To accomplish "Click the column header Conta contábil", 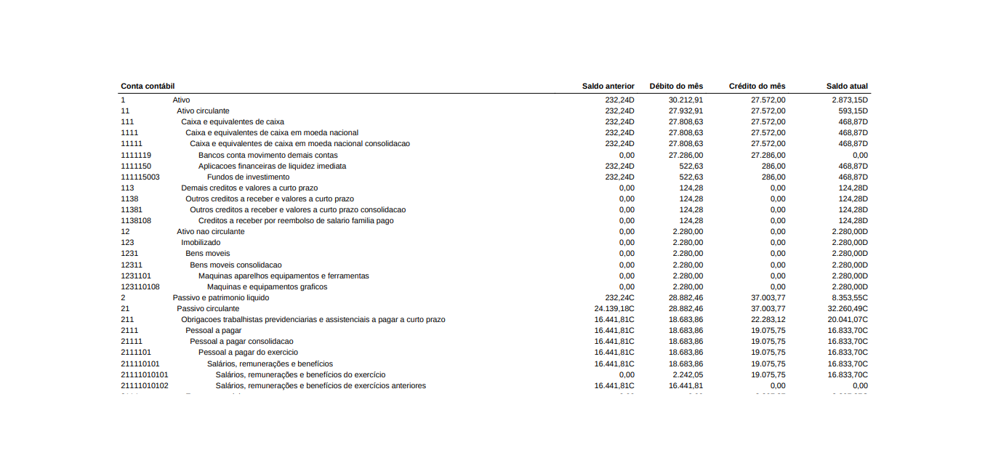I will tap(148, 86).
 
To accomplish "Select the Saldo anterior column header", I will tap(608, 86).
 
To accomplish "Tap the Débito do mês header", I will tap(676, 86).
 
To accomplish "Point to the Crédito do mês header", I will tap(757, 86).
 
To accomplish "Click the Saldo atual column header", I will tap(847, 86).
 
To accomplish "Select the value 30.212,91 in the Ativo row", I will tap(686, 100).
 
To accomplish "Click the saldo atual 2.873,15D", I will tap(850, 100).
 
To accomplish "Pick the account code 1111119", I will tap(136, 155).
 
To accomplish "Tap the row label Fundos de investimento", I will tap(248, 177).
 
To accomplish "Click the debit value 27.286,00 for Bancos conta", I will tap(686, 155).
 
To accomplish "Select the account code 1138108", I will tap(136, 220).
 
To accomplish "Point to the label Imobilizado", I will tap(201, 242).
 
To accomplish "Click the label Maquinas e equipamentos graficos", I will tap(267, 286).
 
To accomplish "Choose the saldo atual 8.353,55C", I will tap(850, 297).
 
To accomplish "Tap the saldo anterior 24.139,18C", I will tap(614, 308).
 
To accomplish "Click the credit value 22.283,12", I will tap(768, 319).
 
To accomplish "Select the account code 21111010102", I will tap(145, 385).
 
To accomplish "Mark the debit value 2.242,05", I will tap(688, 374).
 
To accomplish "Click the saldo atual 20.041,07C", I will tap(848, 319).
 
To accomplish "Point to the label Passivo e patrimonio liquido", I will tap(220, 297).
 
